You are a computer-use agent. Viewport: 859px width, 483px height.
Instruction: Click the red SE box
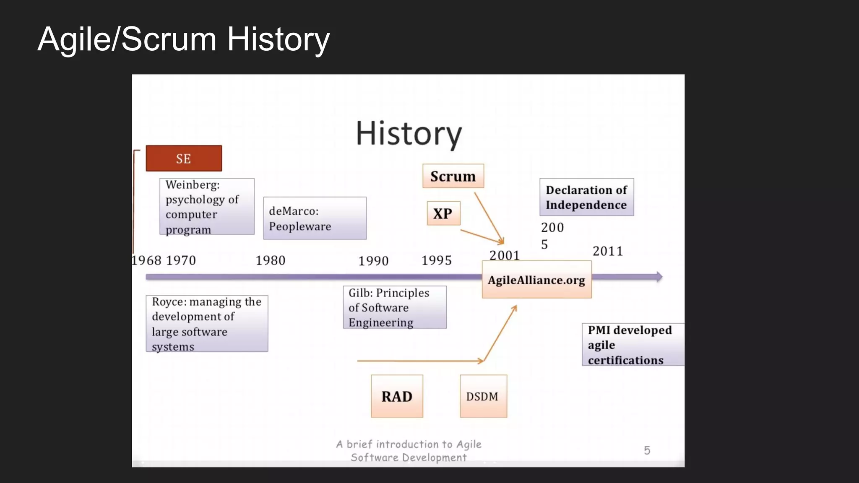(x=184, y=158)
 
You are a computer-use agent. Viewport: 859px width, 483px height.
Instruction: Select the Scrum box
(x=453, y=176)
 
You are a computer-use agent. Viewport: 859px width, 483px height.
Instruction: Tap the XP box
(x=443, y=213)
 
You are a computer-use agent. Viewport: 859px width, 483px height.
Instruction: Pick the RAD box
(x=397, y=396)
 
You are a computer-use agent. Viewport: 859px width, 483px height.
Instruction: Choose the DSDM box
(x=483, y=396)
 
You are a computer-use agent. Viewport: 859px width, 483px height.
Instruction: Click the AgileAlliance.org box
(x=536, y=280)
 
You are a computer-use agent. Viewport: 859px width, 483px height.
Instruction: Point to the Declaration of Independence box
(x=586, y=197)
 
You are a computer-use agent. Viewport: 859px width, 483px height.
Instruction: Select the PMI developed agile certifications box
(x=633, y=345)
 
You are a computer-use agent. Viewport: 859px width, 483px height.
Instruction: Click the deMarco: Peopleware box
(x=315, y=218)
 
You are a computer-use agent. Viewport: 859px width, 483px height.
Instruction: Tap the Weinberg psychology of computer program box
(x=207, y=206)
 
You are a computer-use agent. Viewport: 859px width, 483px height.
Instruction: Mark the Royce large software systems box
(x=207, y=323)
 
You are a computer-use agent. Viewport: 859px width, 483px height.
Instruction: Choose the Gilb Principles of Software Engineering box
(x=394, y=307)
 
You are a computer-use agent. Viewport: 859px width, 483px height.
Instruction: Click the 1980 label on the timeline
(x=271, y=260)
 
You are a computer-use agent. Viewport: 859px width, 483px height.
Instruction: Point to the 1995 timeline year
(x=436, y=260)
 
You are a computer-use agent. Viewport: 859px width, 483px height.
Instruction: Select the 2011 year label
(x=608, y=251)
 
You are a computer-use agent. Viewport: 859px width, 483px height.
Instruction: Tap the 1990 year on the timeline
(x=373, y=261)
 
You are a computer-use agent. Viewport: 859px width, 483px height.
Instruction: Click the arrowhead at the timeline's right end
(x=659, y=277)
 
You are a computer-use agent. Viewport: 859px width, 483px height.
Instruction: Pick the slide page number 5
(x=647, y=450)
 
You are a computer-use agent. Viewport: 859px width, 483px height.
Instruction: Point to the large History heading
(x=409, y=133)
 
